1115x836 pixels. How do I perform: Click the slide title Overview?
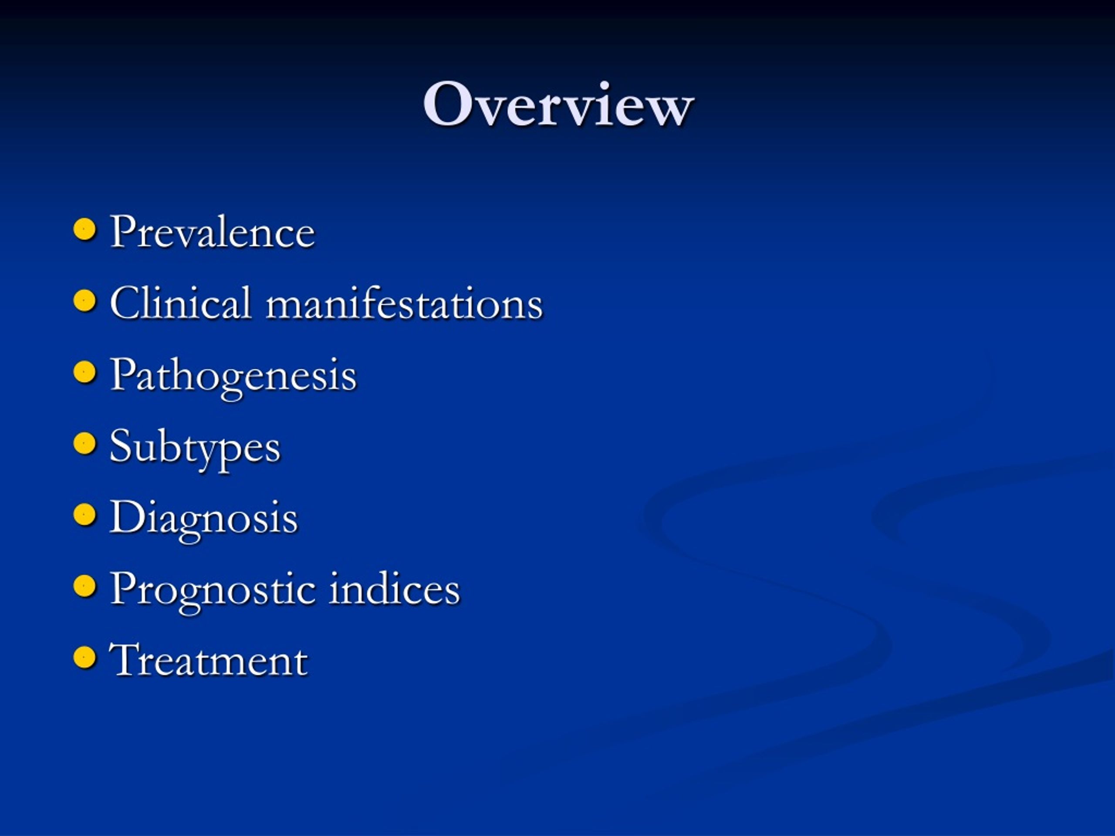[558, 105]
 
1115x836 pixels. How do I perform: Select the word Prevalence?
[212, 233]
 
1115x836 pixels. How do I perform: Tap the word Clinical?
[180, 303]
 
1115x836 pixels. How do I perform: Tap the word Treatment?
[208, 660]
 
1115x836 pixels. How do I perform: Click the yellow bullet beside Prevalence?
[84, 230]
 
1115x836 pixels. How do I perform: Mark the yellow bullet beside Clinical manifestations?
[84, 301]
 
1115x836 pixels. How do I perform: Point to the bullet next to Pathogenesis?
[84, 372]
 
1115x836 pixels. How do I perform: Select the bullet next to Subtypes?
[84, 443]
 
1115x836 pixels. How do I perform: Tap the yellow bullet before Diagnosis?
[84, 515]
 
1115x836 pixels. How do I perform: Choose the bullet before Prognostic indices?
[84, 586]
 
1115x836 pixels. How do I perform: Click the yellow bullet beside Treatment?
[84, 657]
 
